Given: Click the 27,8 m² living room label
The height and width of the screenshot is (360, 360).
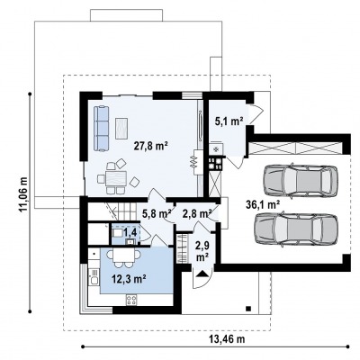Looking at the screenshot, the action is click(x=150, y=147).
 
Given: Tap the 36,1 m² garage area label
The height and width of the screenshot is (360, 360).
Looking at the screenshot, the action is click(x=263, y=205).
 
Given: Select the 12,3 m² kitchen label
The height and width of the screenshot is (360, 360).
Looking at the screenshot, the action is click(x=129, y=279).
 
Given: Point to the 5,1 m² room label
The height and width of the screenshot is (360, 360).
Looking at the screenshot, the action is click(x=229, y=121).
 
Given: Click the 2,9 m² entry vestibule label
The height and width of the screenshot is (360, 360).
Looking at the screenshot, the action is click(x=202, y=251).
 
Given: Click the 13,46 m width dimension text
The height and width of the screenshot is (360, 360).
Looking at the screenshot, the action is click(x=227, y=339).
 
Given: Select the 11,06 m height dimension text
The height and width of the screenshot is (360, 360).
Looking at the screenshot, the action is click(x=23, y=194).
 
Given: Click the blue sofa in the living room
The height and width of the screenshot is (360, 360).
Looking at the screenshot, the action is click(x=101, y=129).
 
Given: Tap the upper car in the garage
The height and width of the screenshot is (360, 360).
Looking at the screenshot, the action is click(x=301, y=181).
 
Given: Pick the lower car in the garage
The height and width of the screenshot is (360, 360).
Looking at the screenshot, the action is click(x=296, y=230).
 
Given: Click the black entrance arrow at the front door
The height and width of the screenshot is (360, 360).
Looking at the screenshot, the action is click(x=202, y=274).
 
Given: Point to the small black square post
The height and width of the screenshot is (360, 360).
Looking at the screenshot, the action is click(x=248, y=308).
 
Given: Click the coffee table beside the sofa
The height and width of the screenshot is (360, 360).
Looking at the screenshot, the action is click(x=121, y=129).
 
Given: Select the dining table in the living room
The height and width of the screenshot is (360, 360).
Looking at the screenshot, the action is click(x=116, y=179).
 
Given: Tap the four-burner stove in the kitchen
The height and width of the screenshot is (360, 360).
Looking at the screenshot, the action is click(x=131, y=299).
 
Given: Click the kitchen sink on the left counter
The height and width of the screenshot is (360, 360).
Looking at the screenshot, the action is click(x=94, y=281).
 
